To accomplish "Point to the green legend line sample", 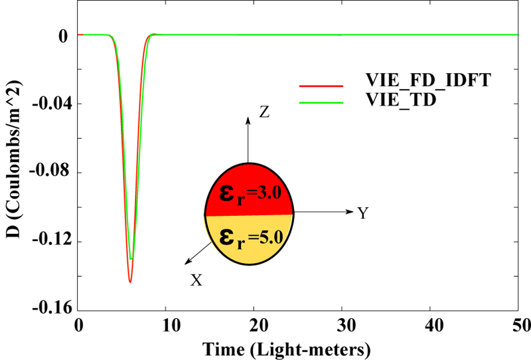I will coord(321,102).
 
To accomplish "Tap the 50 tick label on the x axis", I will coord(518,325).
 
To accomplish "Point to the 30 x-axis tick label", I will coord(342,325).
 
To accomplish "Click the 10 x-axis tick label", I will coord(166,325).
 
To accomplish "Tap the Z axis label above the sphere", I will coord(264,112).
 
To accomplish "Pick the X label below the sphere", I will coord(196,281).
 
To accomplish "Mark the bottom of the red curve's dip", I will coord(130,282).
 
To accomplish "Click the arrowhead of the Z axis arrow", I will coord(248,120).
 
